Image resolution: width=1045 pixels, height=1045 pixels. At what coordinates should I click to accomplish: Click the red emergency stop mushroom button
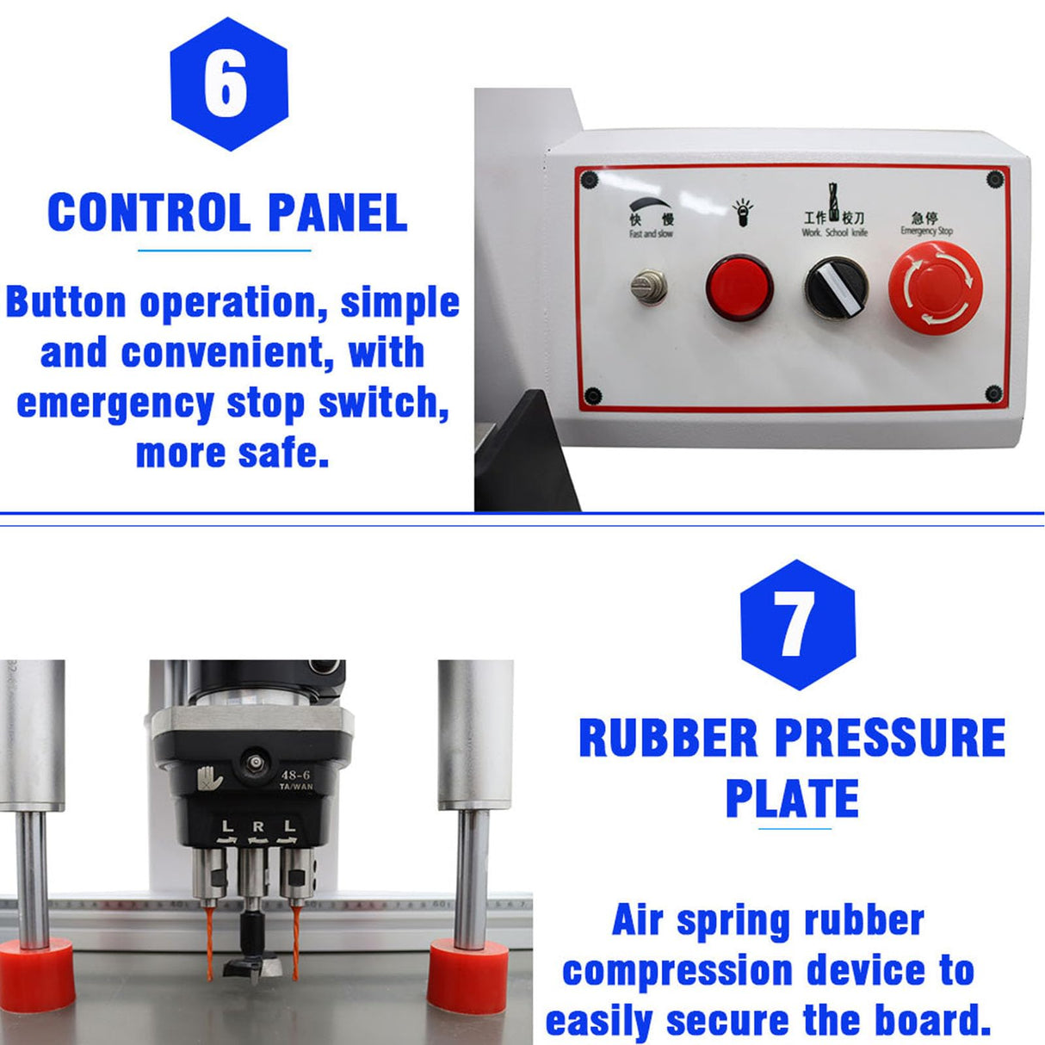[935, 287]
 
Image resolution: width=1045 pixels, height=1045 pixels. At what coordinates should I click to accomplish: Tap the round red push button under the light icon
[739, 288]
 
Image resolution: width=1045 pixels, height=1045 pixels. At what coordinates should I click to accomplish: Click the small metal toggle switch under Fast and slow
[650, 286]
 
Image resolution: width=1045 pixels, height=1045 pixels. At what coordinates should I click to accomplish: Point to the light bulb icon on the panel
[742, 212]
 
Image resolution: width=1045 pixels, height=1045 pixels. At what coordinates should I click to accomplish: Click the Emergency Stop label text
[926, 231]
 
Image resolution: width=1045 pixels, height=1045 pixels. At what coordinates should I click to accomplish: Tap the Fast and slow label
[651, 234]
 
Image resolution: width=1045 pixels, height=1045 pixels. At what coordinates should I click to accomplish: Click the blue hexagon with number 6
[228, 84]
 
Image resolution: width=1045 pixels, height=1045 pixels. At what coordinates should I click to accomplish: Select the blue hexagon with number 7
[797, 624]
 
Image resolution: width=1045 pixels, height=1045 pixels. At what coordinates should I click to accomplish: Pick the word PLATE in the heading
[792, 799]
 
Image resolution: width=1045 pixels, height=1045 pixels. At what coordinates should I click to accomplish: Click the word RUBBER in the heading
[668, 739]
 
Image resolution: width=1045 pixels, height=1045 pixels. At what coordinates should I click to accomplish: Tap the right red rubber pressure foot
[468, 975]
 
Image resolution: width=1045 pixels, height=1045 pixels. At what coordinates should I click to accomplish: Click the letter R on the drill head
[257, 827]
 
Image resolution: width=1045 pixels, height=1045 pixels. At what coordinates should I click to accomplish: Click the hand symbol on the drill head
[210, 777]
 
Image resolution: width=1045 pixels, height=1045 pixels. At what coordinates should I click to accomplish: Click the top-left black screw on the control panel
[590, 180]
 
